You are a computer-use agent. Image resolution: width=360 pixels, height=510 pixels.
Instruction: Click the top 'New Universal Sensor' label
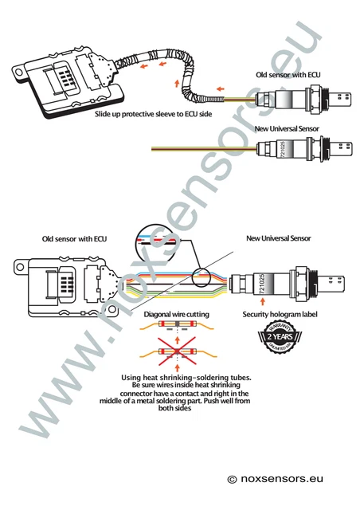pyautogui.click(x=288, y=127)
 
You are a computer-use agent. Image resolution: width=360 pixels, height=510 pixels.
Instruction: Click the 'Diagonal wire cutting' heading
pyautogui.click(x=176, y=315)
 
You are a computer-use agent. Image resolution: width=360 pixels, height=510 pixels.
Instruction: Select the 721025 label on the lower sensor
pyautogui.click(x=260, y=282)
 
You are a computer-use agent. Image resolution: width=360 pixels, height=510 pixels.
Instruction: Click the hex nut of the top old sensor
pyautogui.click(x=317, y=100)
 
